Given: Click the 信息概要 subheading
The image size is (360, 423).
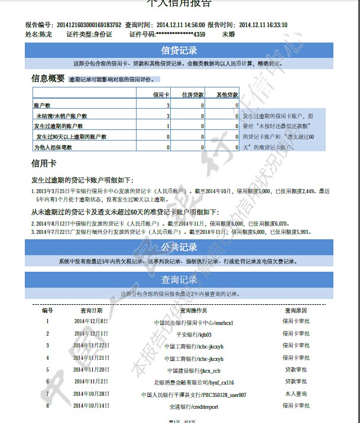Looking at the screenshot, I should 48,78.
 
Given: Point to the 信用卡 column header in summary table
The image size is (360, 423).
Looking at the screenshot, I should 161,95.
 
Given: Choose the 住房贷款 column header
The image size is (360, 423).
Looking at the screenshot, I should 192,95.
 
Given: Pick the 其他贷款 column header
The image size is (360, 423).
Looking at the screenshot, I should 226,95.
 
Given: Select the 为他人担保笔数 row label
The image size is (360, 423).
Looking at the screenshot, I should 53,147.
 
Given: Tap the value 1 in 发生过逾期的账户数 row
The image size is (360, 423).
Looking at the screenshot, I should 168,126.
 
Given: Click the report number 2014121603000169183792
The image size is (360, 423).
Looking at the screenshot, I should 89,25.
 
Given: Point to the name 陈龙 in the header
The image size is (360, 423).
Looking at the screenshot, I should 46,35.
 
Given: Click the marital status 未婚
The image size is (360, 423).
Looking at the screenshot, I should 228,35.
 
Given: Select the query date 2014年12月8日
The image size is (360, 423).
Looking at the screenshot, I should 91,321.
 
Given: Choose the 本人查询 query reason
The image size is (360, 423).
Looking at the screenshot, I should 296,393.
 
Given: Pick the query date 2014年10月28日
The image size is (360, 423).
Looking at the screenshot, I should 92,393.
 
